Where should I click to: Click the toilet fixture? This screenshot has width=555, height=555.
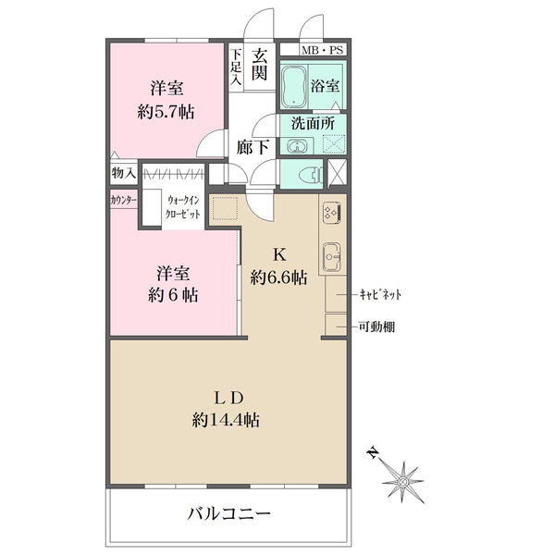point(309,172)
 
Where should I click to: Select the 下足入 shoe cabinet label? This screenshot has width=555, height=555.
point(236,68)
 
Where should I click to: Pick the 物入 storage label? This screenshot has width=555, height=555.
point(124,173)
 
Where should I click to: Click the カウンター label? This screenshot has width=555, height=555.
point(123,200)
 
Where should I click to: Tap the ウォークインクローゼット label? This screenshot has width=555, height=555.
point(181,205)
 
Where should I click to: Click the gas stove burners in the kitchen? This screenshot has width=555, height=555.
point(331,213)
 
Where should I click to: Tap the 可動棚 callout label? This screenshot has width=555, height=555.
point(376,326)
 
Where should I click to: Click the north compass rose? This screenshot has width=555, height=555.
point(403,480)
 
